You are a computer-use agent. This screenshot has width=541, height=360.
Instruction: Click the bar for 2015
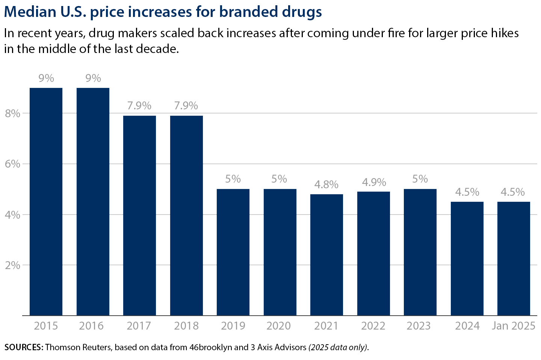[46, 201]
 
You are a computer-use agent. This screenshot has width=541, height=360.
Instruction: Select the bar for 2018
[186, 215]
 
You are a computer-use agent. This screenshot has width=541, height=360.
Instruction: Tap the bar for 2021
[326, 255]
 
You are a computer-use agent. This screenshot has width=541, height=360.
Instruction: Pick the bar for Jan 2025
[514, 259]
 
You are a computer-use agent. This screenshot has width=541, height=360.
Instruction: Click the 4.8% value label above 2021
[326, 185]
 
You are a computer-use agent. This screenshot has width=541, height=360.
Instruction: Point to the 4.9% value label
[374, 182]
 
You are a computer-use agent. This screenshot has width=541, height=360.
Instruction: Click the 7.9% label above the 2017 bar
[139, 106]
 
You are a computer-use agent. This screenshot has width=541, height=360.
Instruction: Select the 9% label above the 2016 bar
[93, 78]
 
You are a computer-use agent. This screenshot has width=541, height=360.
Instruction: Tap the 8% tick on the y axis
[12, 113]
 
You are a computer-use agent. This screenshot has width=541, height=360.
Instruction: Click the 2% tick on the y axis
[12, 265]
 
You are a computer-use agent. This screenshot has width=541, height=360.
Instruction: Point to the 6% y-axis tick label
[12, 164]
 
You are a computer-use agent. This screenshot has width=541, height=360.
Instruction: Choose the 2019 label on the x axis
[233, 325]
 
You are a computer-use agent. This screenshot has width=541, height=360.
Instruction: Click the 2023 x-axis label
[419, 325]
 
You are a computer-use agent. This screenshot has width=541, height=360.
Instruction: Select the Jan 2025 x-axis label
[513, 325]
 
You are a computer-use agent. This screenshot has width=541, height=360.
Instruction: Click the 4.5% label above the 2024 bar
[467, 192]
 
